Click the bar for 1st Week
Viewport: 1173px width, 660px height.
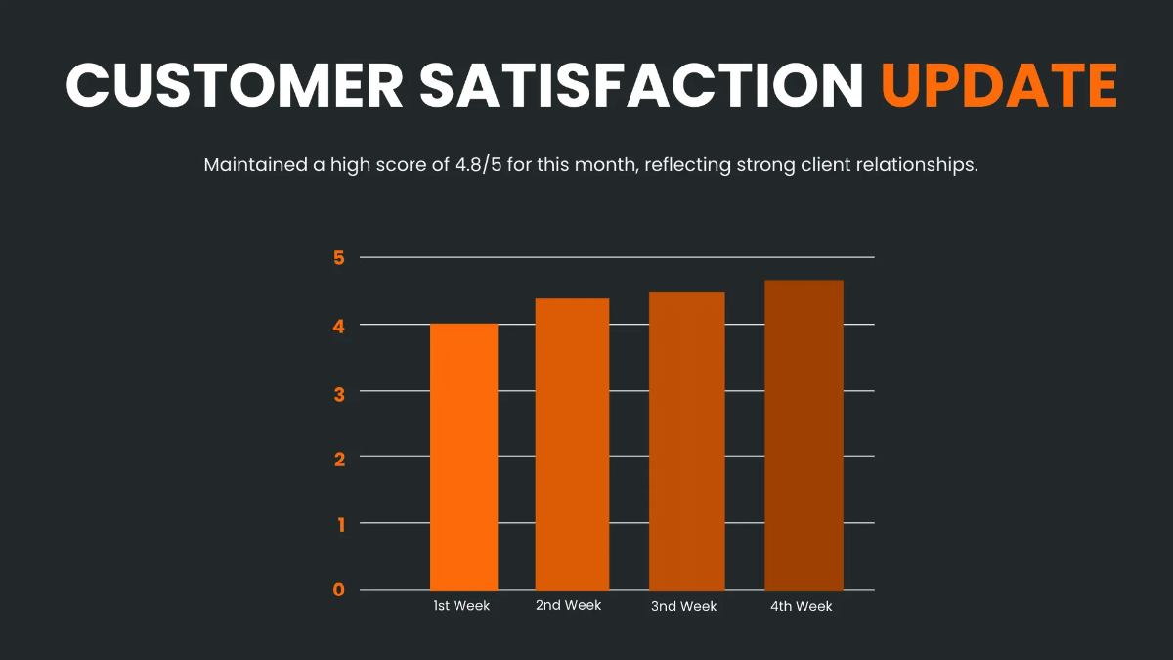click(x=463, y=456)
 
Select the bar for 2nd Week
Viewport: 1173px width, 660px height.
click(x=572, y=444)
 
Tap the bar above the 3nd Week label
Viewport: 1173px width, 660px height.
click(x=687, y=441)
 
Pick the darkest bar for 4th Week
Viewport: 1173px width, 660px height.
click(x=804, y=435)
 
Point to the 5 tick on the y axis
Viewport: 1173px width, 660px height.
click(x=339, y=258)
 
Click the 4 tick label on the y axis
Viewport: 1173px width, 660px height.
click(x=339, y=325)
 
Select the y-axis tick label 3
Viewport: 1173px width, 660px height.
click(x=339, y=391)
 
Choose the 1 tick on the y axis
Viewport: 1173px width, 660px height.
click(x=339, y=523)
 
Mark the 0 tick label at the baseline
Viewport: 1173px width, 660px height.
click(x=339, y=590)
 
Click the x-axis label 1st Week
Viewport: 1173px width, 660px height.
click(x=461, y=606)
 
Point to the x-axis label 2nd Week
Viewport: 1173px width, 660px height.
click(x=568, y=605)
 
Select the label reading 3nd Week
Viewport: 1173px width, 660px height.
click(x=683, y=606)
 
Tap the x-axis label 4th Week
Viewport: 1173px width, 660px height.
click(x=801, y=606)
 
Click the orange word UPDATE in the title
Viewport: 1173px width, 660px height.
click(x=999, y=85)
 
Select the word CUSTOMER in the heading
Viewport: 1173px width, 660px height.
click(x=234, y=85)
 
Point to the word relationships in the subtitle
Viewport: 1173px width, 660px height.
click(x=916, y=164)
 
